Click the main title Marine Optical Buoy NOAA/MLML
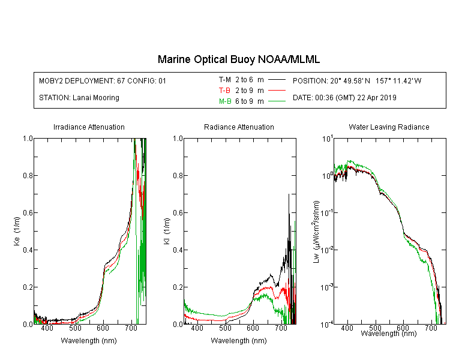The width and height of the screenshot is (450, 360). pos(239,59)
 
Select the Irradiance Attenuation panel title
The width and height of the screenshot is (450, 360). pos(89,127)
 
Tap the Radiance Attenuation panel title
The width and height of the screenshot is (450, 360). pos(239,127)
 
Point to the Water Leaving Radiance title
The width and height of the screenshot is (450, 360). pos(389,127)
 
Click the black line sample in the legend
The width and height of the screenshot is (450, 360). pos(276,79)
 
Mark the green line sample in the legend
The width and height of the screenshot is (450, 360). pos(276,101)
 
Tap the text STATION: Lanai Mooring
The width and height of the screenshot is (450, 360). pos(79,98)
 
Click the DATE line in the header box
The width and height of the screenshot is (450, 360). pos(344,98)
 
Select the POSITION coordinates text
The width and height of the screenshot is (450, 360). pos(357,80)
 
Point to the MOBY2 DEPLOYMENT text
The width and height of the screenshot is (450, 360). pos(103,80)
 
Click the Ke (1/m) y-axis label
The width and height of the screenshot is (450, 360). pos(16,232)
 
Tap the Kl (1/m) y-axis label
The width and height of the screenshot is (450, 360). pos(166,232)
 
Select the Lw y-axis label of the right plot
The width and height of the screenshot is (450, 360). pos(316,232)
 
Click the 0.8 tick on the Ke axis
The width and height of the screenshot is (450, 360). pos(26,176)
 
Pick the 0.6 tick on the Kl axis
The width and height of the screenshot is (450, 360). pos(176,213)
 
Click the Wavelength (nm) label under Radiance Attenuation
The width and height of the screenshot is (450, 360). pos(239,341)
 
